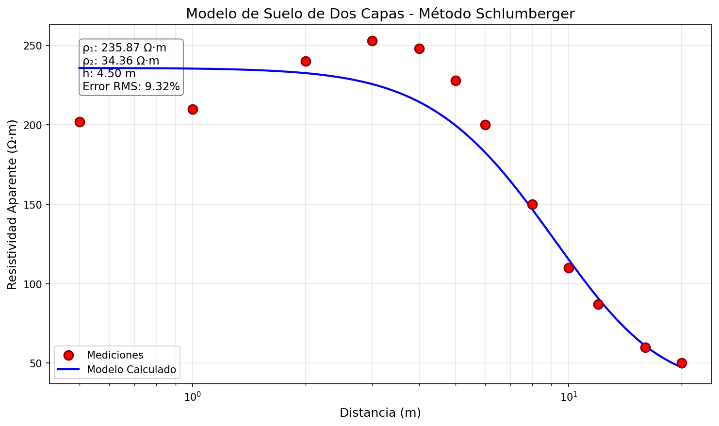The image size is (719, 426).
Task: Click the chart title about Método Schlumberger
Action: [380, 14]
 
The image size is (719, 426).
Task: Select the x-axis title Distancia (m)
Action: [380, 413]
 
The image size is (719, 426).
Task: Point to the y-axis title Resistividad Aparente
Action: [13, 204]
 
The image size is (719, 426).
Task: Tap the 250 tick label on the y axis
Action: [35, 46]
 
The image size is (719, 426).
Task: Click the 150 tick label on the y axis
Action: [35, 205]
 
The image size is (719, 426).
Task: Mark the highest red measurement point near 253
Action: [372, 41]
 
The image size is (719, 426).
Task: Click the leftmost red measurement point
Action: [80, 122]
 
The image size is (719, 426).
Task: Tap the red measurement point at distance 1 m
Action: [193, 109]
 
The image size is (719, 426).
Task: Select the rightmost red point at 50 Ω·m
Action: [682, 363]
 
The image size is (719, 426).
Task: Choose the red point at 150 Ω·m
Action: [532, 204]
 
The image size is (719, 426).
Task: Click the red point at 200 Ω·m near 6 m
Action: [485, 125]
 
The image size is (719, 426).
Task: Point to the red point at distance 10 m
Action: [569, 268]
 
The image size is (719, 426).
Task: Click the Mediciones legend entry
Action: [115, 355]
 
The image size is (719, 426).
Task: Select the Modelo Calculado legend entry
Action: [131, 370]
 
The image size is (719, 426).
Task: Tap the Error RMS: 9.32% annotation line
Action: [131, 87]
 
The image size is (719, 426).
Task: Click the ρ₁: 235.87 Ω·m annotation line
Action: [125, 48]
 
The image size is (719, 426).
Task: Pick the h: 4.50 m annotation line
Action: [109, 74]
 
